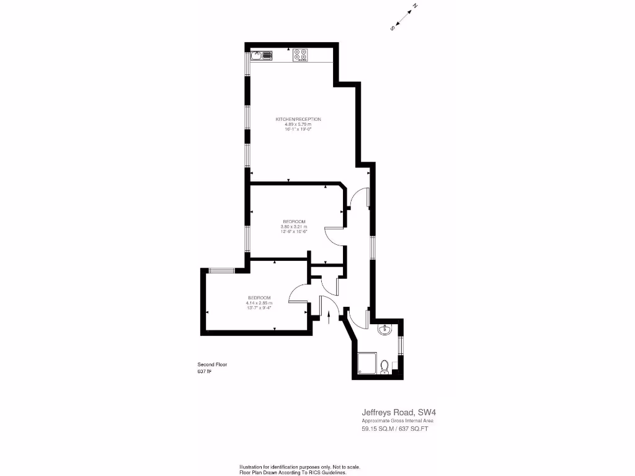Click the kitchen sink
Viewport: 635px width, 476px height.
(262, 56)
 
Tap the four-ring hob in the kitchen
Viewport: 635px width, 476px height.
(301, 56)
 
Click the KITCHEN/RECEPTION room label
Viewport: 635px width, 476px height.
(298, 119)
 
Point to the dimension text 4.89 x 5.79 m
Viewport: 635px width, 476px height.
(298, 124)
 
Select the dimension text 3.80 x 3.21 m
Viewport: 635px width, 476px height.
(294, 227)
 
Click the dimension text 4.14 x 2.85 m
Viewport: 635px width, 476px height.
(259, 302)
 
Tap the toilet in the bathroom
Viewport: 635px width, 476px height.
(384, 366)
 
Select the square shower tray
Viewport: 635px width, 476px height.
(366, 364)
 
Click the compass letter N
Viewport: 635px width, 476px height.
(415, 7)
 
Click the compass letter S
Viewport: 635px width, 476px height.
(393, 28)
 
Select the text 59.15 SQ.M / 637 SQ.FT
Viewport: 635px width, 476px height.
(395, 428)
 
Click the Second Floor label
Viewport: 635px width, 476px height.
(212, 364)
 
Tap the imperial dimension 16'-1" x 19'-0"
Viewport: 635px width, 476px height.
(298, 129)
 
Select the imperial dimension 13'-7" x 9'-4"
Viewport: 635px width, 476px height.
(259, 307)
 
